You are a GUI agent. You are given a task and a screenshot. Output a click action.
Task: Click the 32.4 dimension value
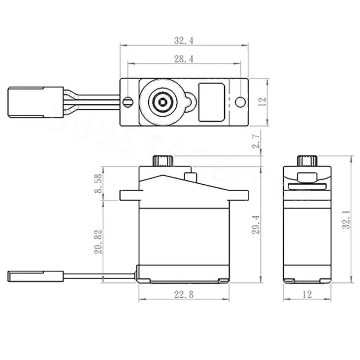pyautogui.click(x=184, y=40)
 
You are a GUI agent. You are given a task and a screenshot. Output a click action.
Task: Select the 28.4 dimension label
pyautogui.click(x=184, y=59)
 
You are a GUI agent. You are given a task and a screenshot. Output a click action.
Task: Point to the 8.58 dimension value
pyautogui.click(x=98, y=184)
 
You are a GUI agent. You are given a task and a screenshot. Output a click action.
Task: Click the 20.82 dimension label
pyautogui.click(x=98, y=242)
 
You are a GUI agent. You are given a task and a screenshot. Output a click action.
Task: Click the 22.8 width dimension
pyautogui.click(x=184, y=294)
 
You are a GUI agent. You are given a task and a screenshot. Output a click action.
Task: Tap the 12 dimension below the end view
pyautogui.click(x=307, y=294)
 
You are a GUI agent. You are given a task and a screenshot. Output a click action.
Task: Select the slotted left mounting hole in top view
pyautogui.click(x=127, y=102)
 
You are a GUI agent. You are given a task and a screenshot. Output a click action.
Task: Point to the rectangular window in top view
pyautogui.click(x=212, y=102)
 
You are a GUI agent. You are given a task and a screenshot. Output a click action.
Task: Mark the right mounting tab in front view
pyautogui.click(x=239, y=195)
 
